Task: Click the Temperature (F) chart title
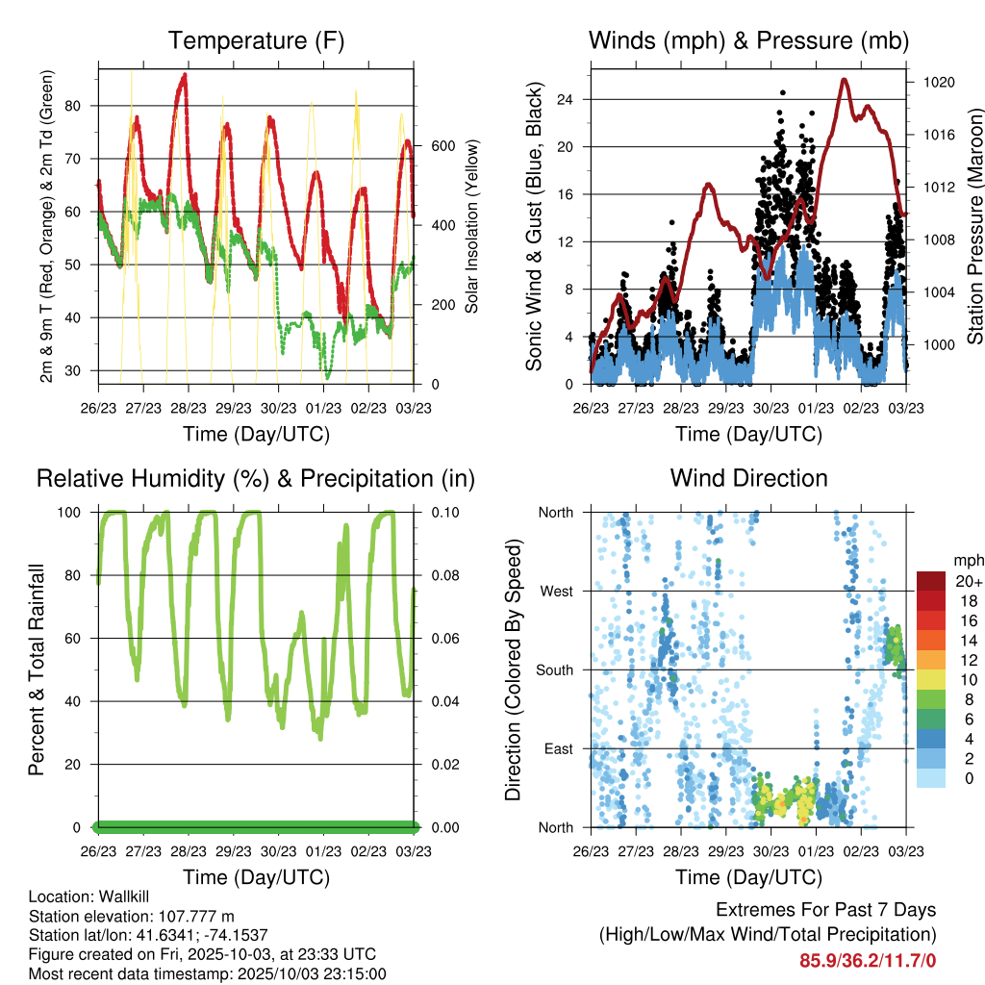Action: (x=256, y=40)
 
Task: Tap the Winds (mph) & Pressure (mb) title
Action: (x=748, y=40)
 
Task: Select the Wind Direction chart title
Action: (x=748, y=478)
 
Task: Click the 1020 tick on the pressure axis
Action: (x=937, y=83)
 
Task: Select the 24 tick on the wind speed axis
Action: (x=568, y=99)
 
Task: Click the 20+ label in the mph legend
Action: (x=967, y=581)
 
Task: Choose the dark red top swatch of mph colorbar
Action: (x=930, y=581)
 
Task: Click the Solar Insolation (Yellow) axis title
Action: (x=472, y=226)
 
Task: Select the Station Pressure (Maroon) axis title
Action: (x=974, y=226)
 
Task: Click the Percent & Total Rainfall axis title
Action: (x=36, y=669)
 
